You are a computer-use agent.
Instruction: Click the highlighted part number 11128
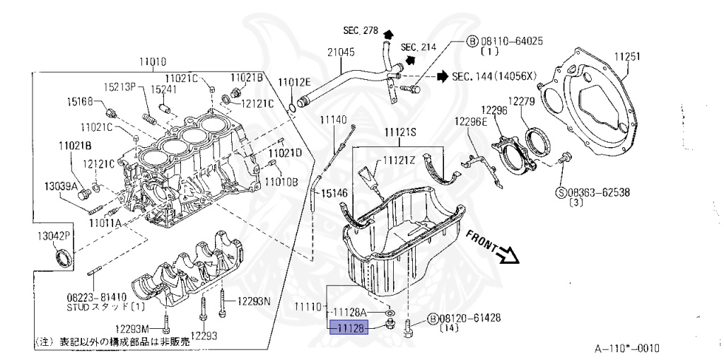pyautogui.click(x=351, y=327)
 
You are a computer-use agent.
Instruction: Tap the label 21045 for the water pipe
pyautogui.click(x=341, y=52)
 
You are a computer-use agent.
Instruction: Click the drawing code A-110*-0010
pyautogui.click(x=626, y=349)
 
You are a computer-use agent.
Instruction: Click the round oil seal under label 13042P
pyautogui.click(x=63, y=260)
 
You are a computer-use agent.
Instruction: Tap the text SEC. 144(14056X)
pyautogui.click(x=494, y=76)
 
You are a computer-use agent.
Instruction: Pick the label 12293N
pyautogui.click(x=254, y=301)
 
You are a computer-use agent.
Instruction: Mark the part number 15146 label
pyautogui.click(x=334, y=193)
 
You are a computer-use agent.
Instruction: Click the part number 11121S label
pyautogui.click(x=401, y=132)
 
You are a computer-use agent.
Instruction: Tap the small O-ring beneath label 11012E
pyautogui.click(x=292, y=107)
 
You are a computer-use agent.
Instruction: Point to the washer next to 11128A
pyautogui.click(x=391, y=312)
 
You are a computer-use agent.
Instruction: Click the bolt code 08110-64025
pyautogui.click(x=509, y=41)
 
